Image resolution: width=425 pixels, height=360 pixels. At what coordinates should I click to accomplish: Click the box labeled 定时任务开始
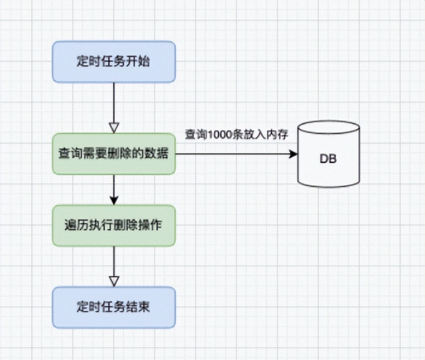point(114,62)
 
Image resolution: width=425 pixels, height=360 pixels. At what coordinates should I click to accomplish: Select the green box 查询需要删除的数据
point(114,154)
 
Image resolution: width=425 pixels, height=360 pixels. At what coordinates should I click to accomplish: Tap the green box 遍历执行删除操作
point(114,225)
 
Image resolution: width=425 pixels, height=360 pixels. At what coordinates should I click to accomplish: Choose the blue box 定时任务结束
point(114,308)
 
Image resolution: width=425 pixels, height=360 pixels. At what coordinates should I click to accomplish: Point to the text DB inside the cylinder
point(328,159)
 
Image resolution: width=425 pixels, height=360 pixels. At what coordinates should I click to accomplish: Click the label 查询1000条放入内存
point(236,135)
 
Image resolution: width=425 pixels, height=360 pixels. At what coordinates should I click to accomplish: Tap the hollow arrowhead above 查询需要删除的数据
point(114,128)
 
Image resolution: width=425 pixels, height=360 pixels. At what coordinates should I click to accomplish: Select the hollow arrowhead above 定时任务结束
point(114,281)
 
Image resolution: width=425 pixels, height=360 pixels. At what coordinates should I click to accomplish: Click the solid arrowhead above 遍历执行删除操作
point(114,200)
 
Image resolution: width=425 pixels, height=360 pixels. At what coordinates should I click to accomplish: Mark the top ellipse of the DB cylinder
point(328,129)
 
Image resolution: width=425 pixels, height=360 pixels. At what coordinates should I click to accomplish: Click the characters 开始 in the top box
point(140,62)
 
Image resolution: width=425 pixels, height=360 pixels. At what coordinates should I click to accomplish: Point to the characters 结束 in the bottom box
point(140,308)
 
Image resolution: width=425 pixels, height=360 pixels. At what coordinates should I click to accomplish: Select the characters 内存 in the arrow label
point(278,135)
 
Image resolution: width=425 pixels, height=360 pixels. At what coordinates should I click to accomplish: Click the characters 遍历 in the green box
point(74,225)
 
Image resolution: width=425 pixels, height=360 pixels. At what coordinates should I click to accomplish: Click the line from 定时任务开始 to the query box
point(114,101)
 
